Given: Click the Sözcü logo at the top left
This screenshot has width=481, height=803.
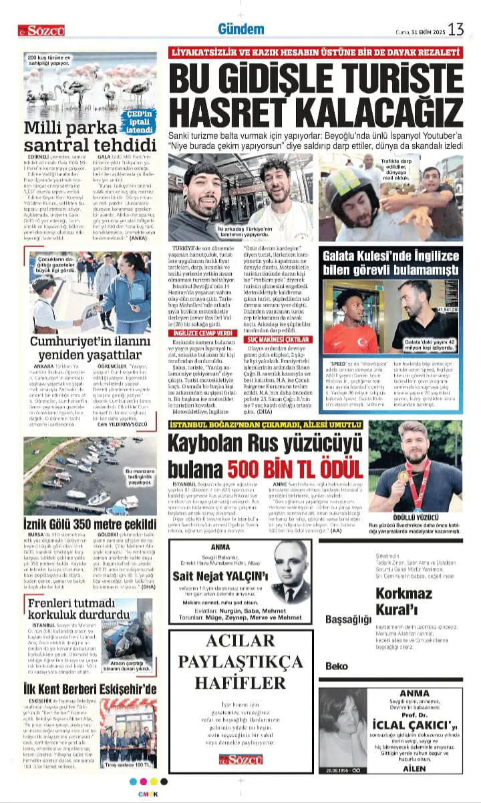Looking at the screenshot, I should point(41,30).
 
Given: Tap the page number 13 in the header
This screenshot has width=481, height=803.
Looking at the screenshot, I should point(456,29).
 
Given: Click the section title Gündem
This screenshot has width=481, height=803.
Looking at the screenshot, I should point(240,29).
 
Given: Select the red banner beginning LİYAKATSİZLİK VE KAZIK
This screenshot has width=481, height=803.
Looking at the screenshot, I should point(315,52).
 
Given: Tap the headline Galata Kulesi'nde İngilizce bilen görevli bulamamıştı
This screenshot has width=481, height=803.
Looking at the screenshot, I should point(391,263).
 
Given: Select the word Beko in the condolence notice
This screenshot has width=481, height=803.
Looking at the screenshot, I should point(337,666).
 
